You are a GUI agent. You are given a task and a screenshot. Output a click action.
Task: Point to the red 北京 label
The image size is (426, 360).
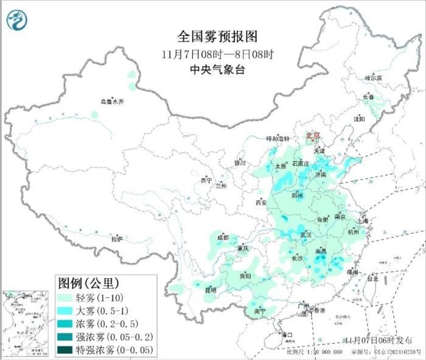point(312,135)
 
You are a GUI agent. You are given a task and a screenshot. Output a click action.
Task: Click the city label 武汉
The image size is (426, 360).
point(306,235)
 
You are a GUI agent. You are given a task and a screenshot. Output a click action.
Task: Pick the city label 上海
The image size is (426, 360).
point(363,221)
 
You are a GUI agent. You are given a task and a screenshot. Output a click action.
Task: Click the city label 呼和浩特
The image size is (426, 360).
point(279,139)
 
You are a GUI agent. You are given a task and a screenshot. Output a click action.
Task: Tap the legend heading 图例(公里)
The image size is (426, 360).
point(88,283)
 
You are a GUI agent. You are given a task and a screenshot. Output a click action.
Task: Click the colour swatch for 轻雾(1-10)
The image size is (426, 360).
point(66,298)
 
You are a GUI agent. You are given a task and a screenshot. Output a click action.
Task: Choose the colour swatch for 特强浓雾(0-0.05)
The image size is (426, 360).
point(66,350)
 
